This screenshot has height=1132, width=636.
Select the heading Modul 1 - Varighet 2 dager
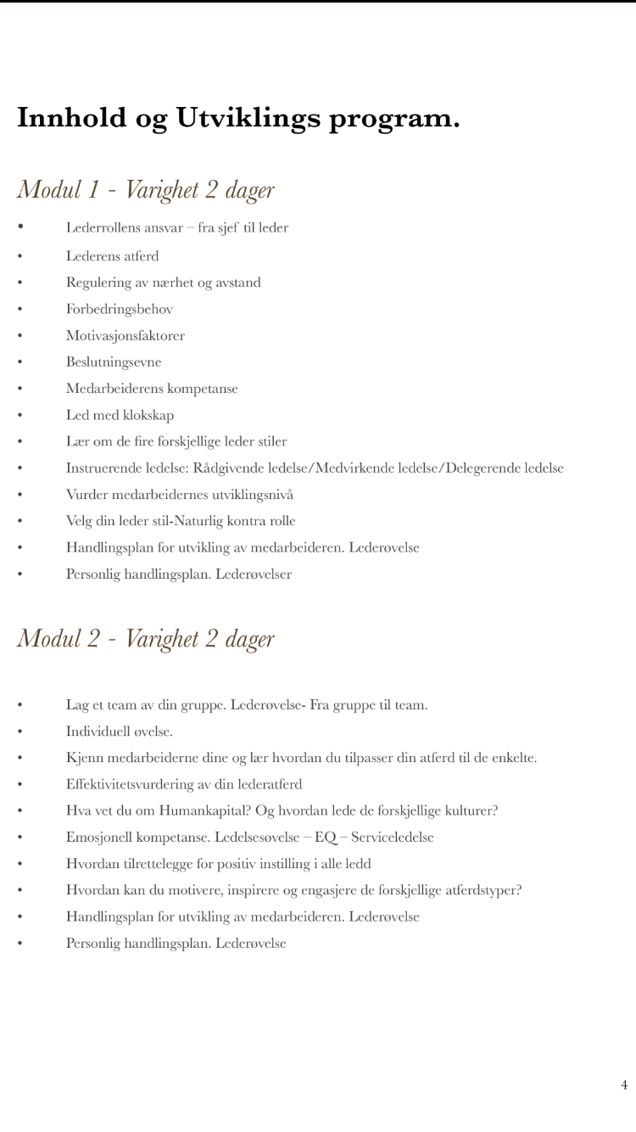point(146,189)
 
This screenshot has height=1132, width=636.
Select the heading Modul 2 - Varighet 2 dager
point(146,638)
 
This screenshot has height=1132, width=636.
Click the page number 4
point(624,1084)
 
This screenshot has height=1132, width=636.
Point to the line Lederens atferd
point(113,255)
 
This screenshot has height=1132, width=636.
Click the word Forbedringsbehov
point(120,309)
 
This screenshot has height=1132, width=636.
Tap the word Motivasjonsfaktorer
point(126,335)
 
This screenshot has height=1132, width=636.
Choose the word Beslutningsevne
point(114,361)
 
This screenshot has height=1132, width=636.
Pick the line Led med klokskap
point(120,415)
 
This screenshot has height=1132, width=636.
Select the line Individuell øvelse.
point(120,731)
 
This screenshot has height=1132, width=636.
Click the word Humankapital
point(198,810)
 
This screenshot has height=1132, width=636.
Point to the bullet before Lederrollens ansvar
point(20,227)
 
